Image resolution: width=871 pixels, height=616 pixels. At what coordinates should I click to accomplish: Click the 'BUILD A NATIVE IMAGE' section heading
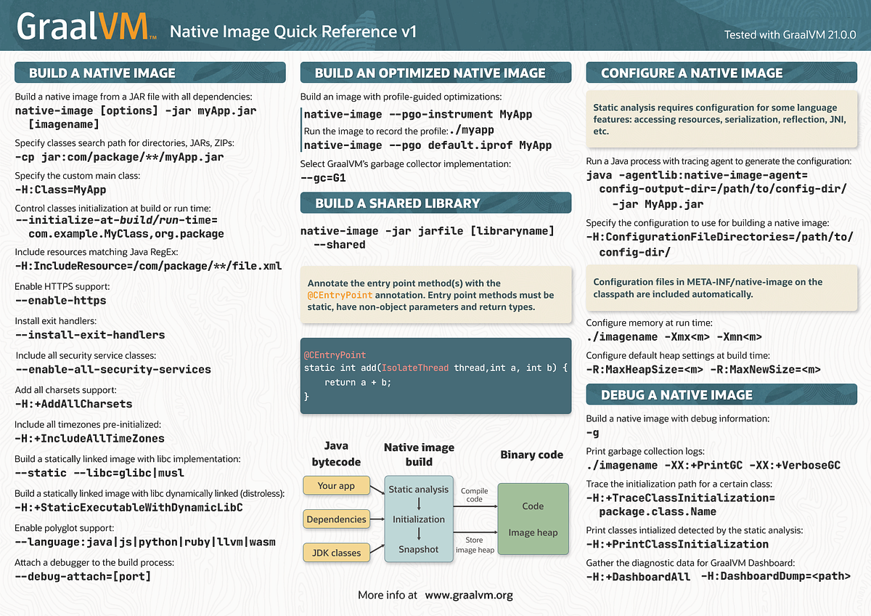click(102, 73)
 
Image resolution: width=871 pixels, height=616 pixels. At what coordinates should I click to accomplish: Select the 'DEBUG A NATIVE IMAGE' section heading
click(676, 394)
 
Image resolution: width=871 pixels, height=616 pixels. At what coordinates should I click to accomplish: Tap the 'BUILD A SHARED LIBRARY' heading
click(397, 203)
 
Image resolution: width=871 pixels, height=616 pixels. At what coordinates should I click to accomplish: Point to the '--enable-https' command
click(60, 300)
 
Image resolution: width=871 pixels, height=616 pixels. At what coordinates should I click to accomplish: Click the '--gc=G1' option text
click(323, 177)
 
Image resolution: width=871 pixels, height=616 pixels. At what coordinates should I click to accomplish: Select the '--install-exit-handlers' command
click(90, 335)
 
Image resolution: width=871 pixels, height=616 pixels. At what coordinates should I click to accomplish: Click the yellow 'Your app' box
click(336, 485)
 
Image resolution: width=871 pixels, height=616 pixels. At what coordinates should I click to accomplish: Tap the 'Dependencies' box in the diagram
click(336, 519)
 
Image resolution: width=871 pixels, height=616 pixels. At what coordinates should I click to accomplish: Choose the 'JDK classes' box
click(336, 553)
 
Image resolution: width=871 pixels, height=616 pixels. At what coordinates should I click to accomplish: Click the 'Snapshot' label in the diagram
click(419, 549)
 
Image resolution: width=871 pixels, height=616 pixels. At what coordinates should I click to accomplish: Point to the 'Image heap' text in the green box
click(533, 532)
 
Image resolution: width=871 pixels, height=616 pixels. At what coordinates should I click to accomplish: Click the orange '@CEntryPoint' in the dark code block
click(335, 355)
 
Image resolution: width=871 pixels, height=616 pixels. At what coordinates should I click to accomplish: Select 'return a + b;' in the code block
click(358, 382)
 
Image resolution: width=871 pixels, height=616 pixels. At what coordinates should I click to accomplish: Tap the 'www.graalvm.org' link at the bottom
click(469, 595)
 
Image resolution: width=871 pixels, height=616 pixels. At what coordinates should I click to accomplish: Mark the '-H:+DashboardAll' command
click(638, 576)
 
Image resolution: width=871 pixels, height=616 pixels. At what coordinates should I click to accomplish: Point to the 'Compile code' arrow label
click(474, 495)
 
